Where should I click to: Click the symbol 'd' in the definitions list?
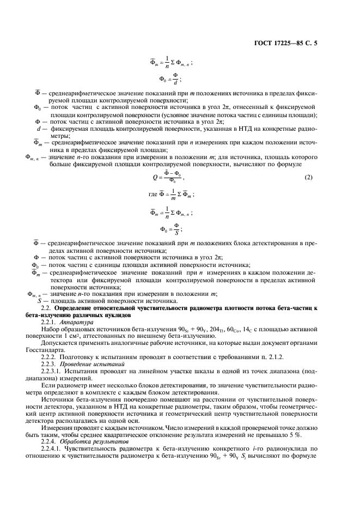(x=38, y=129)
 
